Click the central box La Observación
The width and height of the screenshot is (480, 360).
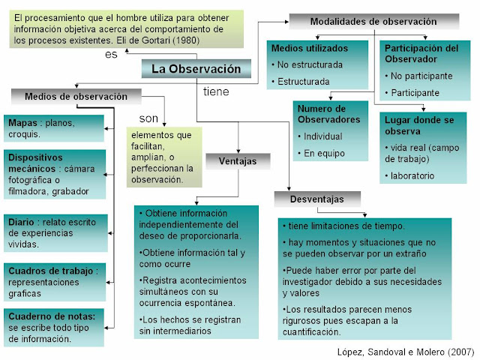tap(196, 69)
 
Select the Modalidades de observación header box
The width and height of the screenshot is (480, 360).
tap(363, 22)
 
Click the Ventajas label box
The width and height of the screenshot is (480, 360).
tap(237, 160)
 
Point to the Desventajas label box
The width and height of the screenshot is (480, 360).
tap(319, 199)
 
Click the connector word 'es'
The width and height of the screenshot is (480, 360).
tap(111, 55)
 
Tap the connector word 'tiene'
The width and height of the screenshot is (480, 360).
tap(216, 91)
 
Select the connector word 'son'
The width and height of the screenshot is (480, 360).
tap(148, 118)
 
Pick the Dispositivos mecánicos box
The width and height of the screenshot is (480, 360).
tap(55, 173)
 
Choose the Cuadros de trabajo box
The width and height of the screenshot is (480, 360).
tap(55, 281)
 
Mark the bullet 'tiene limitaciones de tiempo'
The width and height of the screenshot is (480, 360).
tap(346, 226)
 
